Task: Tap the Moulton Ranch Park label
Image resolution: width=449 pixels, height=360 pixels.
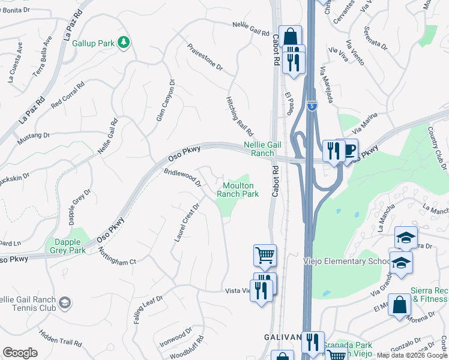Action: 237,190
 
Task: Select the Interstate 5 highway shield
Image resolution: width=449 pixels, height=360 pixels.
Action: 312,106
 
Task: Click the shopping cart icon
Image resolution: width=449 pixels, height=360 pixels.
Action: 265,255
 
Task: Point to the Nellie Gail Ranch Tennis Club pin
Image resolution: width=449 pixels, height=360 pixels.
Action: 64,304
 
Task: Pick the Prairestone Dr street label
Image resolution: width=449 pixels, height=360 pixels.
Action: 205,58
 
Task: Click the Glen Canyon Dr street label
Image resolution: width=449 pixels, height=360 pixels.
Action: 165,100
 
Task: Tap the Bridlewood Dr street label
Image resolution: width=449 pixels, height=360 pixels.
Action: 182,177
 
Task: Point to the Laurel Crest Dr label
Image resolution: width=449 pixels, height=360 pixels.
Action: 186,222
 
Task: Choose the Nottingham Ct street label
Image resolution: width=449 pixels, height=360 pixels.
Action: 117,257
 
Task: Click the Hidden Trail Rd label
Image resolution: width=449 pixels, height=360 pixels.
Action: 60,338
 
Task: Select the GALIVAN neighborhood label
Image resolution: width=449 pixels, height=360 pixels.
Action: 283,338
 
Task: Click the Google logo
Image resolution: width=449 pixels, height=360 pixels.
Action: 20,353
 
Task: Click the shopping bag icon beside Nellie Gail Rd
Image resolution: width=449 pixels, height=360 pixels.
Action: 290,35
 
